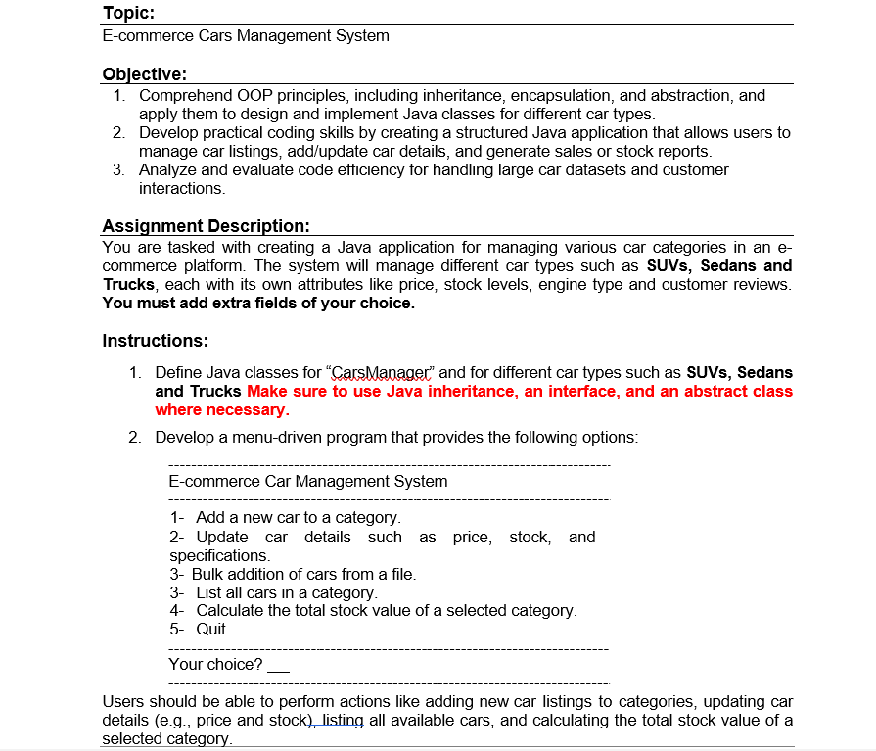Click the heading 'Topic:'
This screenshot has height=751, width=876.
click(x=128, y=13)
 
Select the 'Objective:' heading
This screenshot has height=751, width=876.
click(x=144, y=74)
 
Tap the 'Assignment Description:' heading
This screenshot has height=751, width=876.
click(x=206, y=227)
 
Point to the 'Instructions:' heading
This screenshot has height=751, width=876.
click(x=154, y=341)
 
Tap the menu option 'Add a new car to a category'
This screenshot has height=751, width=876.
click(x=298, y=517)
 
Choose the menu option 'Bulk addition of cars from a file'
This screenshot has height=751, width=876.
click(x=303, y=574)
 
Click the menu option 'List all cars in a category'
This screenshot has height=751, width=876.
click(x=286, y=592)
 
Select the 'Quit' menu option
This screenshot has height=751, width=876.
click(x=210, y=629)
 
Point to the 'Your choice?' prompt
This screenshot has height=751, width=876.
click(x=215, y=665)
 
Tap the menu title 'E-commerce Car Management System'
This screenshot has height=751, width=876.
click(x=308, y=481)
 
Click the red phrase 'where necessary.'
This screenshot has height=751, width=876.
click(x=222, y=410)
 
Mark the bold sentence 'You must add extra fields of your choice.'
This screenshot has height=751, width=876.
click(x=258, y=303)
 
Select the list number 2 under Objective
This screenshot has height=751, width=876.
click(x=117, y=132)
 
